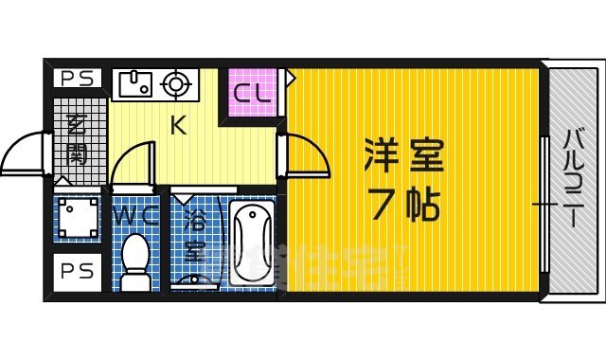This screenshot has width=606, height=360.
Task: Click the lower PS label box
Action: pos(72,272)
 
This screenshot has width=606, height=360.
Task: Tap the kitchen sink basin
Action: pos(132,84)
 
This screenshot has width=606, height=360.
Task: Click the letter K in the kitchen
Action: pos(176,125)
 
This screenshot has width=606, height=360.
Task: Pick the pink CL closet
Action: pos(253,93)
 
